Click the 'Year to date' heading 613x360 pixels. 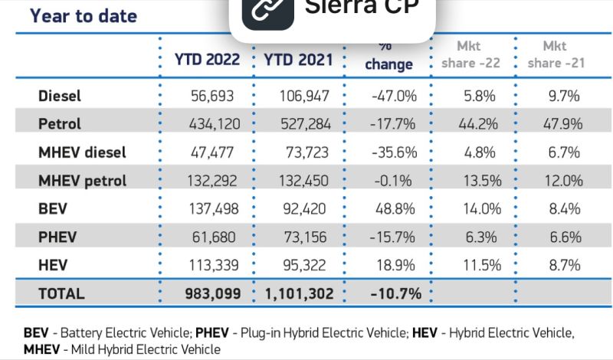[x=84, y=16]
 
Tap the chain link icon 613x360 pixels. [x=267, y=11]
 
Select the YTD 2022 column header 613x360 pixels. [x=207, y=60]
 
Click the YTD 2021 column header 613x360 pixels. [x=298, y=60]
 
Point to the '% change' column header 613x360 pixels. [x=388, y=57]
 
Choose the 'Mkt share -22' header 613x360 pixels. [x=470, y=54]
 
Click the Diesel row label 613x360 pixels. [x=60, y=96]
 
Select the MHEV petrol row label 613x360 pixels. [x=82, y=181]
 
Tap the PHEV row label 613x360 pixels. [x=57, y=237]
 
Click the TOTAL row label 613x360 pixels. [x=61, y=293]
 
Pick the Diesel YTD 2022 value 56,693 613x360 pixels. [x=212, y=96]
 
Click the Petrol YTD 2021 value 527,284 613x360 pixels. [x=306, y=124]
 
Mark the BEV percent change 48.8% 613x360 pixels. [x=395, y=209]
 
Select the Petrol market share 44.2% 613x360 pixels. [x=478, y=124]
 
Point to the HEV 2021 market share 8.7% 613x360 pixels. [x=565, y=266]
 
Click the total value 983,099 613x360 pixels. [x=213, y=293]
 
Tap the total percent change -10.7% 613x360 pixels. [x=395, y=293]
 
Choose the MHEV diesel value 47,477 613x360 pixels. [x=212, y=152]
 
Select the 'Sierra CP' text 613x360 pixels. [x=362, y=7]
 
